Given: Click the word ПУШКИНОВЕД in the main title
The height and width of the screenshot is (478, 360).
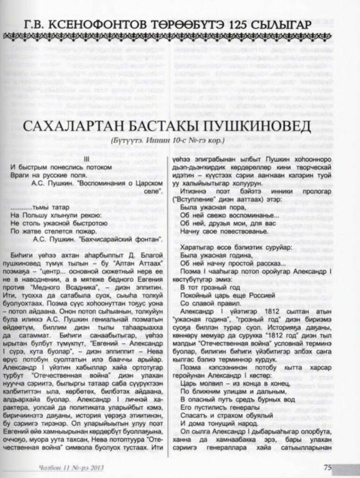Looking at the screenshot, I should pyautogui.click(x=258, y=127).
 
